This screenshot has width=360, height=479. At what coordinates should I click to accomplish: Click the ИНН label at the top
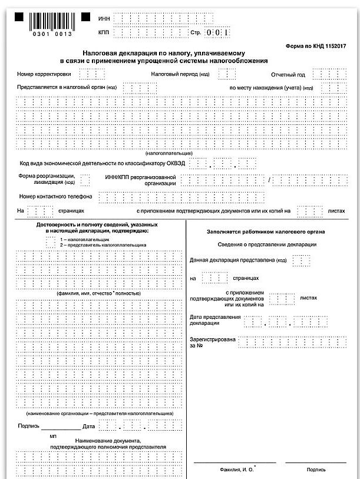pos(104,19)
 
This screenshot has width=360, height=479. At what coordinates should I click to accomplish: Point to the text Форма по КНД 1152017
pos(315,45)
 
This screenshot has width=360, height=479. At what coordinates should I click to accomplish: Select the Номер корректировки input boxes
pos(87,74)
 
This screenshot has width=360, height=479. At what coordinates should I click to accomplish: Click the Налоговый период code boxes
pos(227,74)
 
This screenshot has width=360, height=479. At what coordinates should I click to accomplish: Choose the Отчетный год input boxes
pos(326,74)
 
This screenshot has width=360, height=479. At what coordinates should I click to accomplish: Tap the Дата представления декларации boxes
pos(281,321)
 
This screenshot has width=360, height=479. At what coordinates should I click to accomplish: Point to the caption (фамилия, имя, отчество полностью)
pos(98,293)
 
